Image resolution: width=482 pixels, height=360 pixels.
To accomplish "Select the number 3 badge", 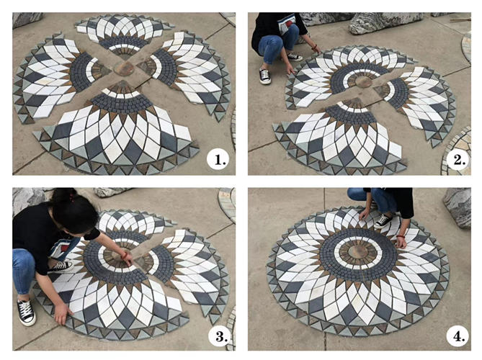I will click(218, 335).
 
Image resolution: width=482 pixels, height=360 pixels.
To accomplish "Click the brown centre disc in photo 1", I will click(124, 68).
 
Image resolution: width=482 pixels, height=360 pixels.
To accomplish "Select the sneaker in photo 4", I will click(383, 220).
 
